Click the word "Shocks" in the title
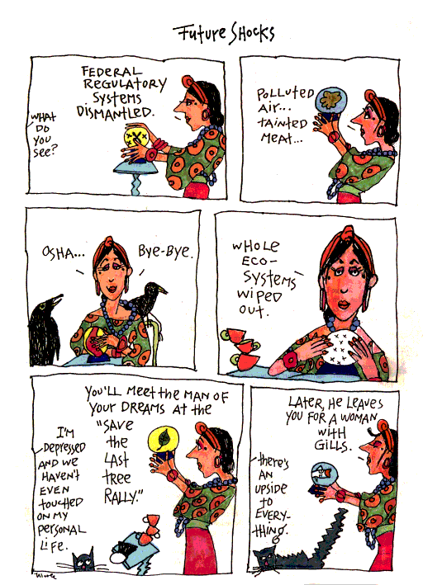[x=251, y=33]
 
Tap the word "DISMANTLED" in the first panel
[x=115, y=111]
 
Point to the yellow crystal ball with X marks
[x=136, y=137]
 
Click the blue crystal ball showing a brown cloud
[x=330, y=99]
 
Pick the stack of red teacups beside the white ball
[x=241, y=348]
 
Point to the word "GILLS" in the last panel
[x=332, y=445]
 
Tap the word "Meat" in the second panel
[x=281, y=139]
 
